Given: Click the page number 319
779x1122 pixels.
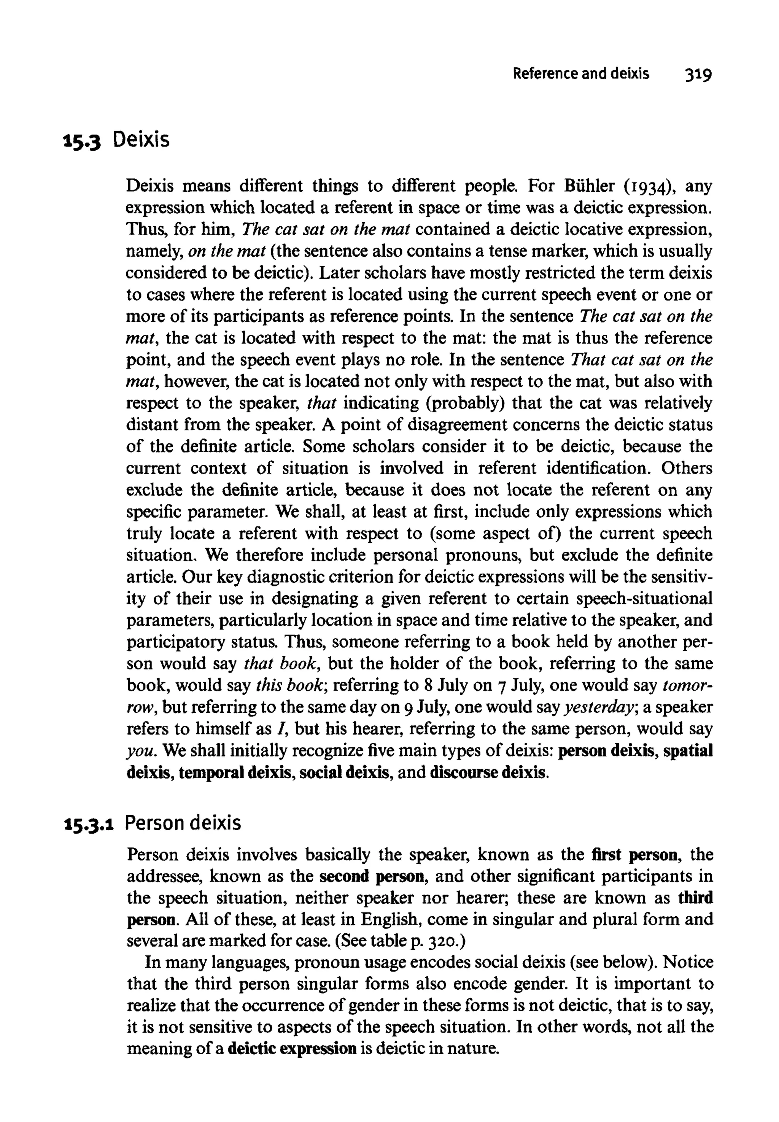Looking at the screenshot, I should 698,74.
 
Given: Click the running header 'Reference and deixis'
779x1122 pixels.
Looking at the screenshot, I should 581,74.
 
